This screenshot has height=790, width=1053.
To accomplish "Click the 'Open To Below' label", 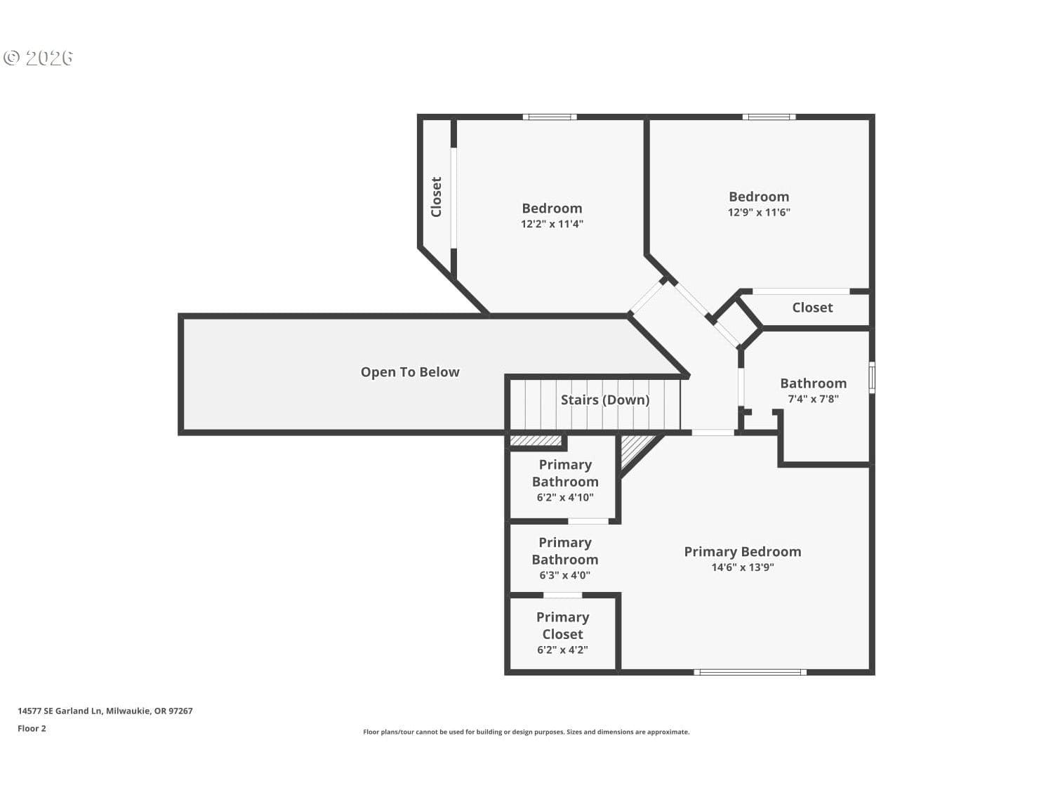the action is coord(410,371).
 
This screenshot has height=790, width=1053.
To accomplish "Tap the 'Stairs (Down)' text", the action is coord(605,400).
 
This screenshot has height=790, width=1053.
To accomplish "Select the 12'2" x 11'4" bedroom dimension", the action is coord(552,223).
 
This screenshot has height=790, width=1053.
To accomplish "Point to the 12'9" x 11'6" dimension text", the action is coord(758,212).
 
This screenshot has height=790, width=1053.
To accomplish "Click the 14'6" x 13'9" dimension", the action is coord(742,567).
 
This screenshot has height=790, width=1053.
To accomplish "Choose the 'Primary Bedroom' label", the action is coord(742,552).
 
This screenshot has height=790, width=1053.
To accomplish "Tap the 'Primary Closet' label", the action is coord(562,626).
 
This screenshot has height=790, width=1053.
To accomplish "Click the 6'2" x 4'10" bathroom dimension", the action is coord(564,497).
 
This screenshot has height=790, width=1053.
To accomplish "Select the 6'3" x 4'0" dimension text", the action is coord(564,575).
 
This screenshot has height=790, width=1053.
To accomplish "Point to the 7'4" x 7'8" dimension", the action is coord(813,399).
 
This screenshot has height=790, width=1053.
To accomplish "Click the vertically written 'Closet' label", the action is coord(436,197).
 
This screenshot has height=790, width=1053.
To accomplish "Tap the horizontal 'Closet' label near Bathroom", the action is coord(812,308).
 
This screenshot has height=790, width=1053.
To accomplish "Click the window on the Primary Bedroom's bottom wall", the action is coord(750,672).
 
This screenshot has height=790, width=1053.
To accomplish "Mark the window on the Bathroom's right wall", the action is coord(872,378).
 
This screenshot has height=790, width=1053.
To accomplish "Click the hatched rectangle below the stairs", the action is coord(536,440).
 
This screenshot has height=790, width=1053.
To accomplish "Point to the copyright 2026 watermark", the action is coord(38,58).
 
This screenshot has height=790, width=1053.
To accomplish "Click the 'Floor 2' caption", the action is coord(32,728).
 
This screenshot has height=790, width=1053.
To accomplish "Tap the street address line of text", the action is coord(105,711).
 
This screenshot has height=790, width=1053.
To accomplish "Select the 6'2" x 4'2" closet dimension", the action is coord(562,650).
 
